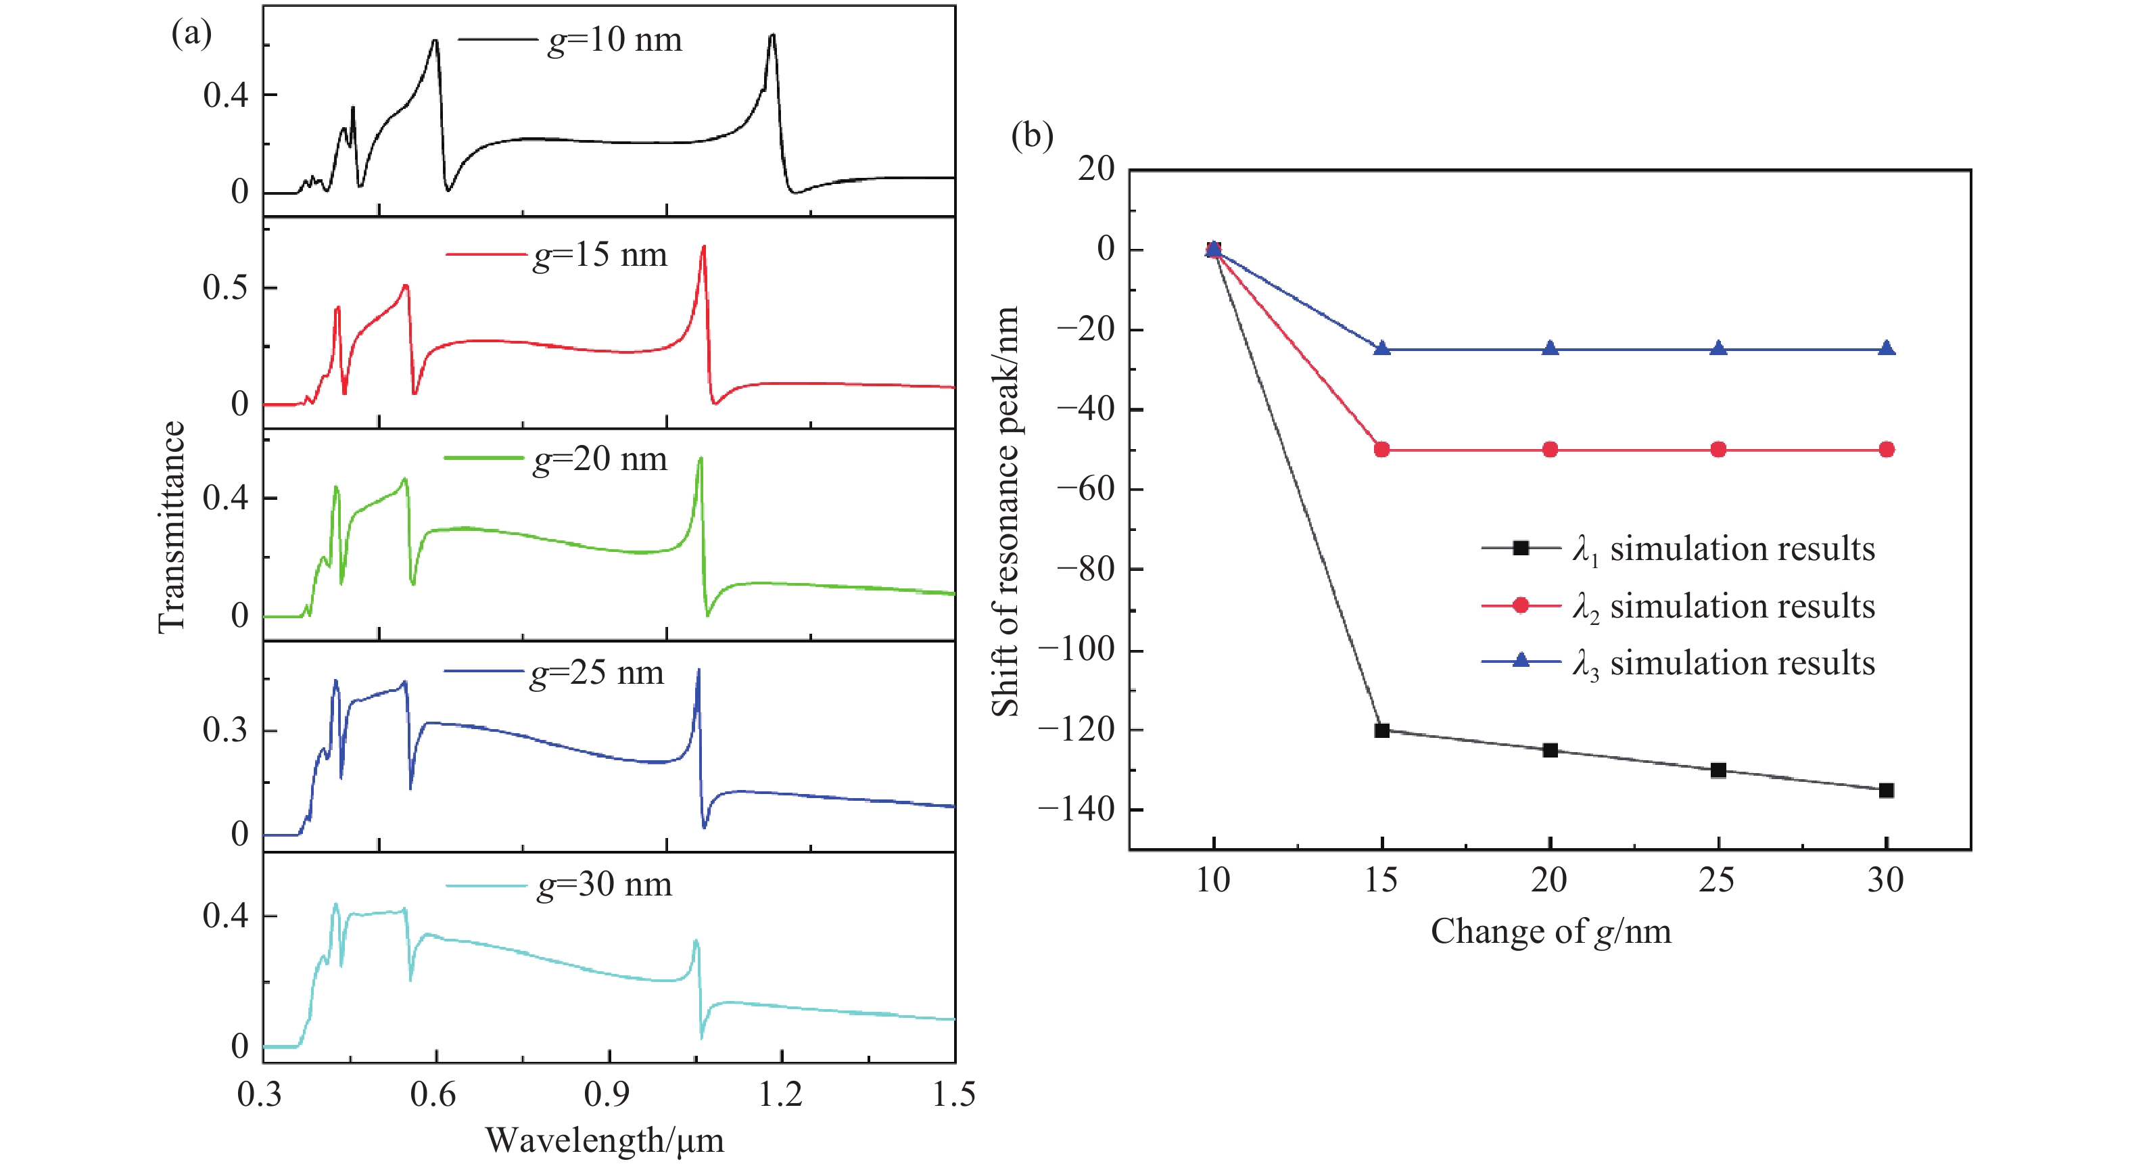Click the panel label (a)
tap(191, 34)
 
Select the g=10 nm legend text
tap(615, 40)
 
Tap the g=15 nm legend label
tap(600, 255)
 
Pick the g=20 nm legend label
tap(600, 459)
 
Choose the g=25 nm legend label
tap(597, 672)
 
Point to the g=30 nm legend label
tap(605, 885)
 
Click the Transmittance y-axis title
tap(171, 527)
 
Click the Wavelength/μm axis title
tap(605, 1140)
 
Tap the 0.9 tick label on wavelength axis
tap(607, 1094)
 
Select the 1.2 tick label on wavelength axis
tap(780, 1094)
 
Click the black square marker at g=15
tap(1381, 730)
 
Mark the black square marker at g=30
tap(1886, 790)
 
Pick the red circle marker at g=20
tap(1551, 449)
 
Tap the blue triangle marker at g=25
tap(1718, 348)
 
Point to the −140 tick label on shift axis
tap(1076, 808)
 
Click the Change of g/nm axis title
tap(1551, 931)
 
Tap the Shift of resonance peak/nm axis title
tap(1005, 511)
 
